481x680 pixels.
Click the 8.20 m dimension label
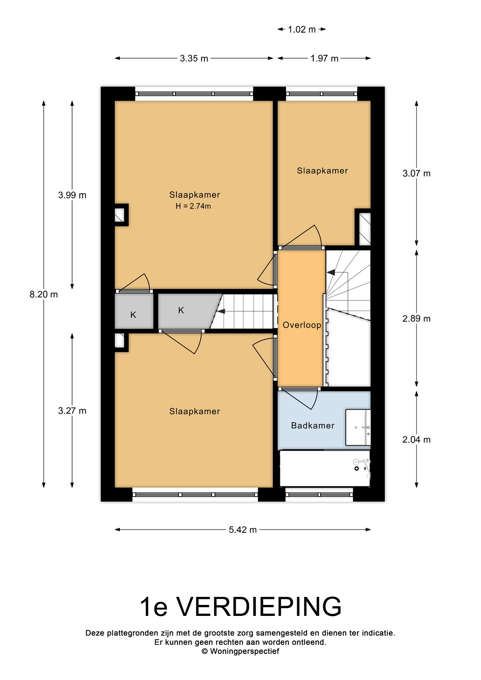[x=44, y=294]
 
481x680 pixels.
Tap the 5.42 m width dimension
[x=243, y=529]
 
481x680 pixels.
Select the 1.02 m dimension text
[x=302, y=29]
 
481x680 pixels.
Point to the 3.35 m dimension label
[x=194, y=58]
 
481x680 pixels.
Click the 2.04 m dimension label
[x=417, y=440]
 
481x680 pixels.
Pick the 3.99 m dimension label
[x=72, y=195]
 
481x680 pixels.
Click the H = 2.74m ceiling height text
[x=193, y=206]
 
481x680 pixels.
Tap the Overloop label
[x=302, y=325]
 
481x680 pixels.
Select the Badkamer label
[x=313, y=426]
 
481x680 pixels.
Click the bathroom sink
[x=358, y=427]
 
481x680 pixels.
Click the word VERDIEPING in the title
[x=259, y=607]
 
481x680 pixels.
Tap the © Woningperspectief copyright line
[x=240, y=651]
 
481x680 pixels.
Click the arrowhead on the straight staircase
[x=221, y=311]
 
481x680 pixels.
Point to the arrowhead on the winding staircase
[x=331, y=272]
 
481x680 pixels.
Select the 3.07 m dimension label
[x=417, y=174]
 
